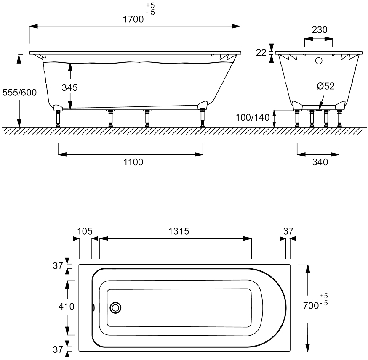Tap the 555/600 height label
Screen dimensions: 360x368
pyautogui.click(x=19, y=93)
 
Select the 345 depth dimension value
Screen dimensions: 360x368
pyautogui.click(x=69, y=87)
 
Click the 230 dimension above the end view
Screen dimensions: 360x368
pyautogui.click(x=320, y=29)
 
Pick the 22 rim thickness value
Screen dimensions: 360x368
pyautogui.click(x=261, y=53)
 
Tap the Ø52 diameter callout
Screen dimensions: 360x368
pyautogui.click(x=325, y=86)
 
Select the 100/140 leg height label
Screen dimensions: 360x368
pyautogui.click(x=253, y=117)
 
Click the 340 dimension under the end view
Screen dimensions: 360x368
pyautogui.click(x=320, y=162)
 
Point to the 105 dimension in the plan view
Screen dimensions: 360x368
pyautogui.click(x=85, y=231)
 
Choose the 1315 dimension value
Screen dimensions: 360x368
pyautogui.click(x=178, y=231)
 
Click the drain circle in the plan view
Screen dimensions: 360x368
pyautogui.click(x=115, y=307)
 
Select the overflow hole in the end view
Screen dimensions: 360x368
pyautogui.click(x=319, y=61)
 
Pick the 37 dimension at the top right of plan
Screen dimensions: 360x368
pyautogui.click(x=288, y=231)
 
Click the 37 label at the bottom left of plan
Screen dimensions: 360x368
pyautogui.click(x=58, y=349)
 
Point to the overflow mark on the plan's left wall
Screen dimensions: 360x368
pyautogui.click(x=93, y=307)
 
